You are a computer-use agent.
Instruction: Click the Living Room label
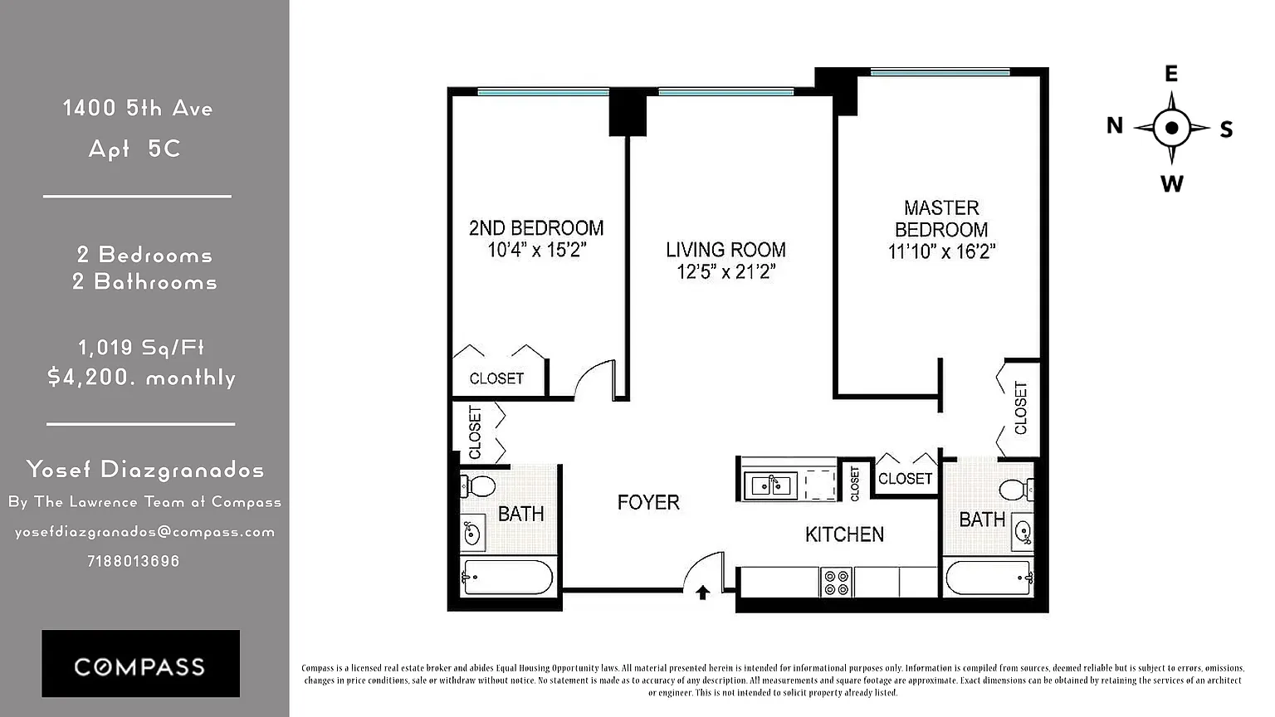(x=725, y=250)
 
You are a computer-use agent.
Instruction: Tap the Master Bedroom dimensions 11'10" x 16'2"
(x=941, y=251)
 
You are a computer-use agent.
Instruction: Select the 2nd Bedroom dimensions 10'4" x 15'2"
(x=536, y=250)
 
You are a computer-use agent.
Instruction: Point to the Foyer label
(x=648, y=502)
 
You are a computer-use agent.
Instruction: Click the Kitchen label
(x=844, y=534)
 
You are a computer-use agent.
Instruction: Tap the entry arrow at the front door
(x=702, y=593)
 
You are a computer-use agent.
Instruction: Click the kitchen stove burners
(x=836, y=582)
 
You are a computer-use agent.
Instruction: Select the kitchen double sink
(x=770, y=485)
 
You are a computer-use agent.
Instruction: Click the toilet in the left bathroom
(x=478, y=486)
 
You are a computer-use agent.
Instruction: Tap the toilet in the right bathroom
(x=1017, y=490)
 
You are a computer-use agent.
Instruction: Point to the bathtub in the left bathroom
(x=506, y=578)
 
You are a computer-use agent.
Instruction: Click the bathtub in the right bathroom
(x=989, y=578)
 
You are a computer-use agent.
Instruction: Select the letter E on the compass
(x=1171, y=73)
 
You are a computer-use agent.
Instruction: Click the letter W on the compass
(x=1171, y=183)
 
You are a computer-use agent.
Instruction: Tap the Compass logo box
(x=140, y=664)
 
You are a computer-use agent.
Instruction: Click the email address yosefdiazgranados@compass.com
(x=144, y=532)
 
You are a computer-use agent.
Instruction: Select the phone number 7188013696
(x=133, y=561)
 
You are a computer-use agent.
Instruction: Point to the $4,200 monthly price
(x=141, y=378)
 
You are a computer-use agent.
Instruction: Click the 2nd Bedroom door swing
(x=595, y=379)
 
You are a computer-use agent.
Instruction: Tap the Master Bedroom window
(x=940, y=72)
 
